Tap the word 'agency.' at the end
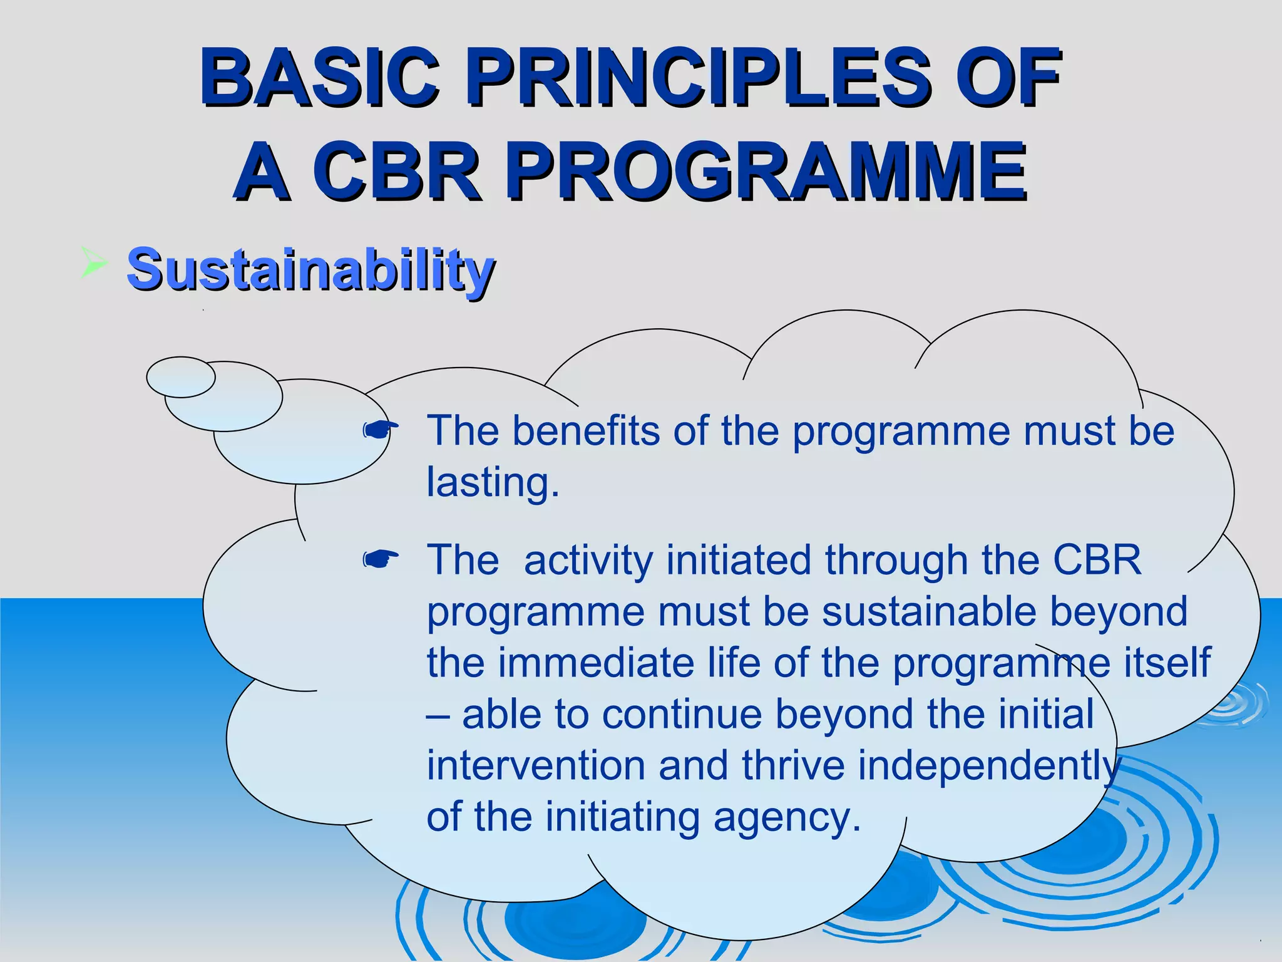click(787, 817)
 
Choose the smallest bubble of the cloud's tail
click(180, 377)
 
